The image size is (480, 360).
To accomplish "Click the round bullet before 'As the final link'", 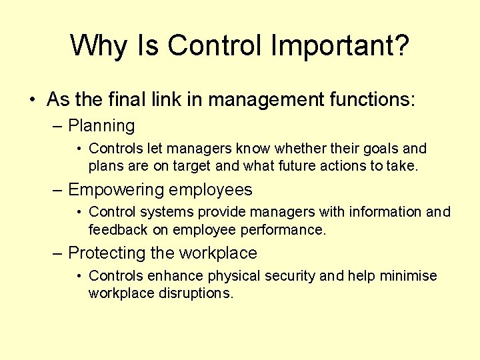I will (32, 101).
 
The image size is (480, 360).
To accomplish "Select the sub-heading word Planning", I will (101, 126).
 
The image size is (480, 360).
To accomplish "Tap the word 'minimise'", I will (409, 276).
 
